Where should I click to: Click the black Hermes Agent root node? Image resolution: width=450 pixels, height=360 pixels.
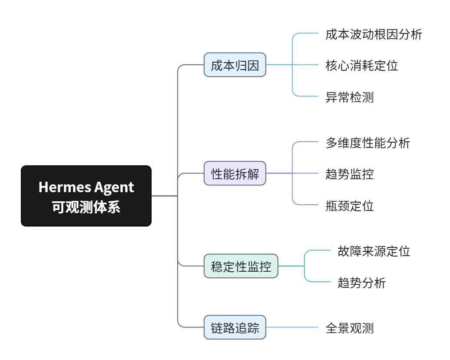pos(86,196)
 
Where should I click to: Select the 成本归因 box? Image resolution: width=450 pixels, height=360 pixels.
pos(235,65)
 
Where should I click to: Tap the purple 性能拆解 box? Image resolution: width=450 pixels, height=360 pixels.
pos(235,173)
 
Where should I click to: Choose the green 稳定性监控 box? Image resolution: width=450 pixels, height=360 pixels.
pos(241,266)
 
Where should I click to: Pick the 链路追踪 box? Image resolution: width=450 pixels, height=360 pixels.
pos(235,327)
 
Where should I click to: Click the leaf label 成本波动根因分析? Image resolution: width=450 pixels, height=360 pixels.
pos(374,34)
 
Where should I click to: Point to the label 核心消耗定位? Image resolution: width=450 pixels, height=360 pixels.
pos(361,65)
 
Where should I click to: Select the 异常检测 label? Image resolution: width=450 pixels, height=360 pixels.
pos(349,97)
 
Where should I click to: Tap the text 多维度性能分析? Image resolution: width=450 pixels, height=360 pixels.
pos(367,143)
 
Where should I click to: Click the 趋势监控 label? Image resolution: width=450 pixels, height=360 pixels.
pos(349,174)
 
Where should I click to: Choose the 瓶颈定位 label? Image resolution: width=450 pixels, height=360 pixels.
pos(349,205)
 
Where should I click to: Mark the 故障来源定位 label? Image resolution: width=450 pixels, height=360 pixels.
pos(374,251)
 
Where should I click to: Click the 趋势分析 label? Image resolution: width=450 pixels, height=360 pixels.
pos(361,283)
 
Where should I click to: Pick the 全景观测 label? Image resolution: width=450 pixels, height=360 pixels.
pos(349,328)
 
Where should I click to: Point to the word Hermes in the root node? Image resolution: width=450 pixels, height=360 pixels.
pos(62,187)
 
